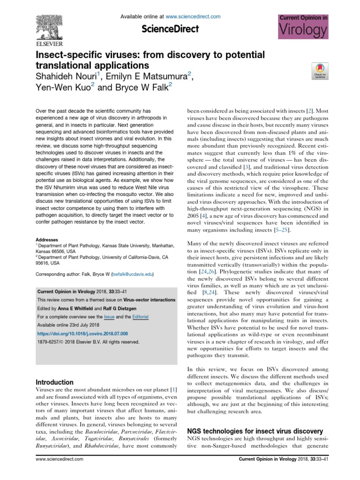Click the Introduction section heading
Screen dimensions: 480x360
55,382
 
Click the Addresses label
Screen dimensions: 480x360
47,239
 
